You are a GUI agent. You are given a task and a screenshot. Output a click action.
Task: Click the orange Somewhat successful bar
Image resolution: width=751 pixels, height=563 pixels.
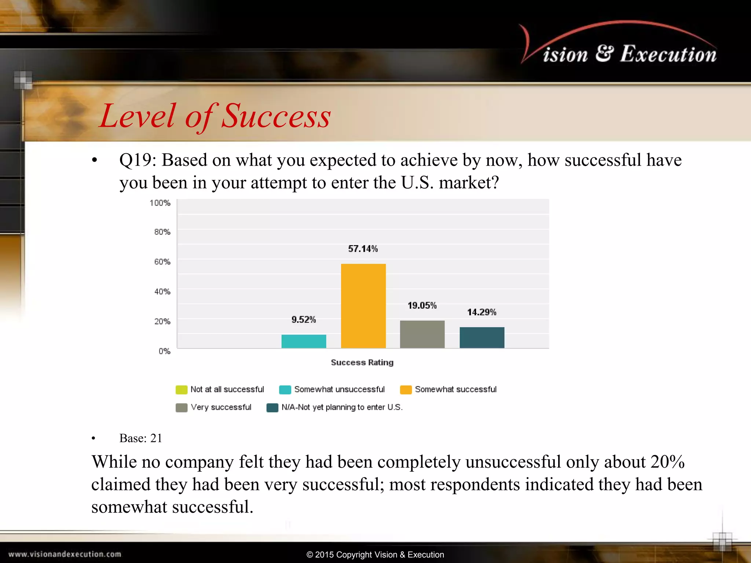click(x=363, y=306)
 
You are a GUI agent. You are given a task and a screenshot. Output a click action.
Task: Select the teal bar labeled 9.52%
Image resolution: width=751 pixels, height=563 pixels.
click(x=304, y=341)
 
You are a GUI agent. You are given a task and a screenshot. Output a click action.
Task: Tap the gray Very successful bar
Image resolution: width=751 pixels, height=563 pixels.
click(x=422, y=334)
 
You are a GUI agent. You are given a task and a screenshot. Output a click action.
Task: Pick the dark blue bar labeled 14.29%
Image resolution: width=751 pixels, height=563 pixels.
click(x=482, y=338)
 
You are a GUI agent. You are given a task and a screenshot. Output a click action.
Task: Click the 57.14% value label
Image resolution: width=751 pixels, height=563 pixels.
click(x=363, y=249)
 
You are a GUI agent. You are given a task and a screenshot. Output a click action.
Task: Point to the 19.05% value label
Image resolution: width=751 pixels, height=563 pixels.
click(x=422, y=306)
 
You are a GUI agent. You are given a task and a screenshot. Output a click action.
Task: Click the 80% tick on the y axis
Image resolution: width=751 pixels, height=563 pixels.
click(x=162, y=232)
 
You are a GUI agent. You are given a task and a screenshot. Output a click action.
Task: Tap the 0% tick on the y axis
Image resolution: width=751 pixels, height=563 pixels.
click(x=164, y=351)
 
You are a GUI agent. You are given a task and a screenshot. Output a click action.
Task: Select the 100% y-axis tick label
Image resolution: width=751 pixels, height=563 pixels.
click(x=160, y=203)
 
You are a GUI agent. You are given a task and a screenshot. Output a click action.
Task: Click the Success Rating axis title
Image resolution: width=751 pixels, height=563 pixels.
click(x=362, y=363)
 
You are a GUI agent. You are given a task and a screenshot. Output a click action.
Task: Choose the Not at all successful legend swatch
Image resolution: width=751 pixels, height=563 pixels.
click(x=182, y=390)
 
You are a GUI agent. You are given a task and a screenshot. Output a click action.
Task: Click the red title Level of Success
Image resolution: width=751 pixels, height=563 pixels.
click(x=215, y=116)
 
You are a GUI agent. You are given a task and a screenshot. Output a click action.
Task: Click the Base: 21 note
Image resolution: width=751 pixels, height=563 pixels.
click(x=140, y=438)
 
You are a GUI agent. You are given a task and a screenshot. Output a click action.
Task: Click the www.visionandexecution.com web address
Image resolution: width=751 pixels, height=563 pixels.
click(x=65, y=554)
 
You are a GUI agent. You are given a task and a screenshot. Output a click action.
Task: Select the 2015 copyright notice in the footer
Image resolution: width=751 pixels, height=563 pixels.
click(x=375, y=555)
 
